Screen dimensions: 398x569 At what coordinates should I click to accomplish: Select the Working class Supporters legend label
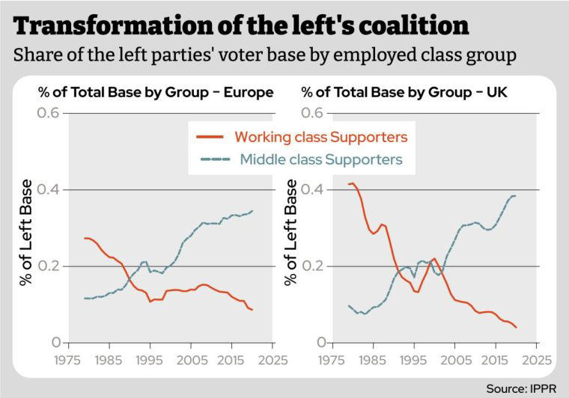(x=321, y=137)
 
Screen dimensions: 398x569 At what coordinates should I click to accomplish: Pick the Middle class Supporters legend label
(x=321, y=159)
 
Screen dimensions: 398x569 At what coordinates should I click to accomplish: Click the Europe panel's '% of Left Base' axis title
(x=26, y=232)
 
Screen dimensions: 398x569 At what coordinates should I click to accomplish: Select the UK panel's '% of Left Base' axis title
(x=290, y=232)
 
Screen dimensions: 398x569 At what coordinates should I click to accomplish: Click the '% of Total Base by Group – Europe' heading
(x=156, y=93)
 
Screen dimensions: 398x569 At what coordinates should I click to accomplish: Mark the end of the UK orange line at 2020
(x=517, y=328)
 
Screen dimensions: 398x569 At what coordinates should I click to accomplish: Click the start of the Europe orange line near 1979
(x=85, y=238)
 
